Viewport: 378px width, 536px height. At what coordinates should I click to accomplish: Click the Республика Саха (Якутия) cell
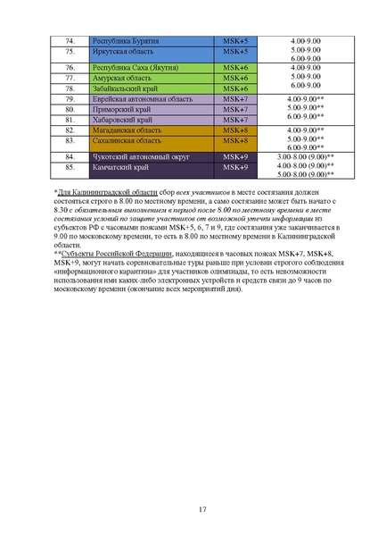click(x=133, y=68)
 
